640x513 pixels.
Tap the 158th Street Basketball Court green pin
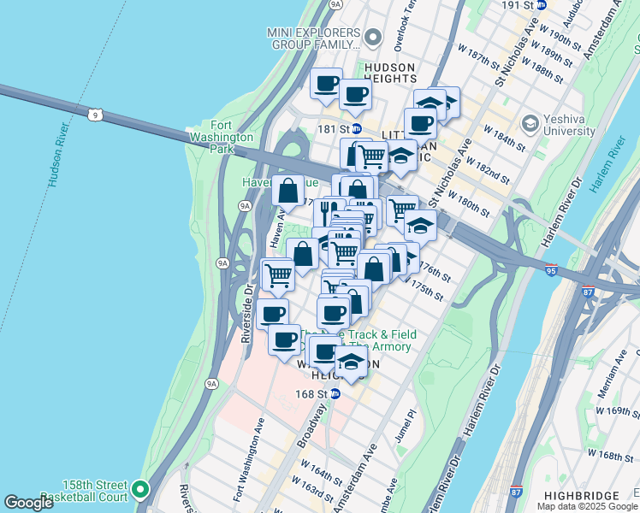coord(140,490)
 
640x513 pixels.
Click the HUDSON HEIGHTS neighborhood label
coord(389,73)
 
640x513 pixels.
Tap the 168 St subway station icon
coord(335,394)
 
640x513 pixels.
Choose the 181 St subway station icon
coord(357,129)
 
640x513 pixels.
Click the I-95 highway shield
coord(550,270)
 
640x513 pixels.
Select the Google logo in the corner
coord(29,503)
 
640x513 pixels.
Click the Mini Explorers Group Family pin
coord(371,38)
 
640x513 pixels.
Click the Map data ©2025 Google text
coord(588,506)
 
